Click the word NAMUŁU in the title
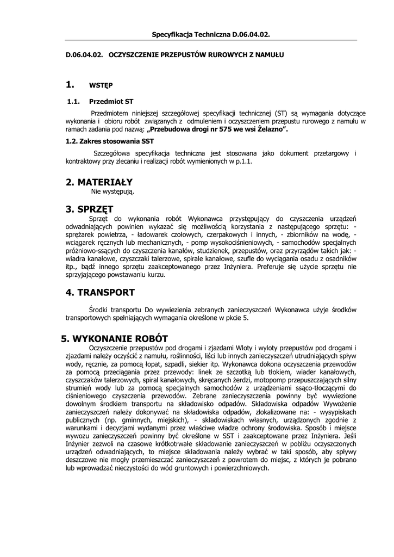pos(270,55)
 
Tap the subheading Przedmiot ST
pos(111,101)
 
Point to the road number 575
pos(217,131)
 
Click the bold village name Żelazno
pos(268,131)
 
